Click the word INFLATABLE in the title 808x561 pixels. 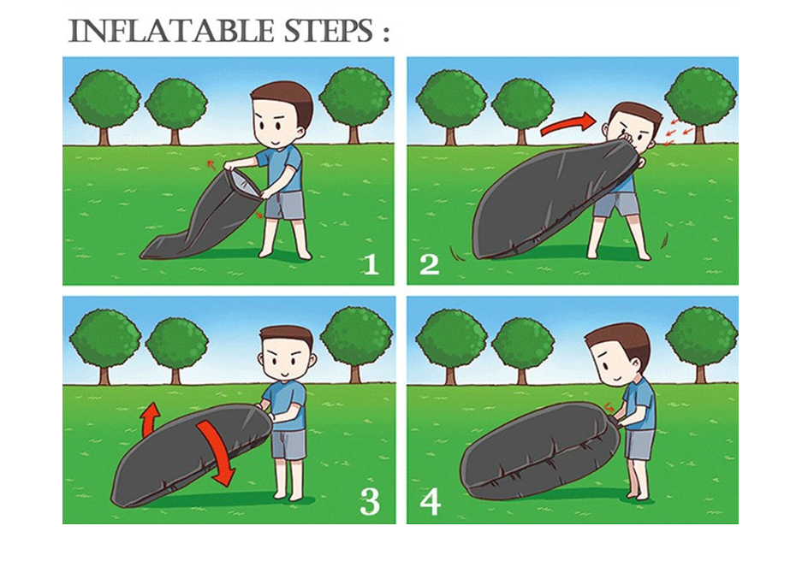[x=171, y=31]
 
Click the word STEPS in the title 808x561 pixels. [x=329, y=31]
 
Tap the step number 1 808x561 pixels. [x=371, y=264]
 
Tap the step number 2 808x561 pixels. [x=430, y=264]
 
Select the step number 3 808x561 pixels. [x=370, y=502]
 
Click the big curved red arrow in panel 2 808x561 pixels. [x=567, y=124]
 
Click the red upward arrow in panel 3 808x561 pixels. [x=150, y=418]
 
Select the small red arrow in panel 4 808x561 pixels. [x=609, y=407]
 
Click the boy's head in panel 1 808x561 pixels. [x=282, y=115]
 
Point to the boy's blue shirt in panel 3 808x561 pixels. [x=285, y=405]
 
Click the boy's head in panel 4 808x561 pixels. [x=618, y=355]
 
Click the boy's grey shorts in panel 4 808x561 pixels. [x=639, y=444]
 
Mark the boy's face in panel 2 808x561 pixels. [x=633, y=131]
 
